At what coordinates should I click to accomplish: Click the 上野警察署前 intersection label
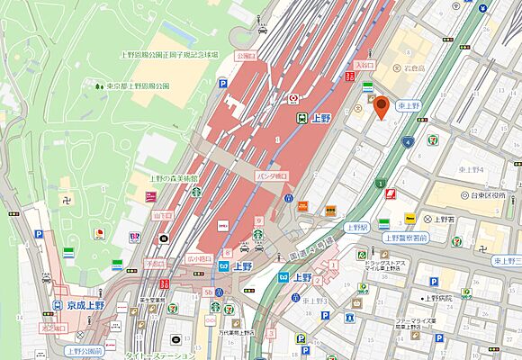[411, 238]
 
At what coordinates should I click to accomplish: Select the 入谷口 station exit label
[364, 66]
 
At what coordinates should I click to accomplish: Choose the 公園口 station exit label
[246, 54]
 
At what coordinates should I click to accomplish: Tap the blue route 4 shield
[408, 142]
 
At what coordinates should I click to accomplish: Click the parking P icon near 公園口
[222, 84]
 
